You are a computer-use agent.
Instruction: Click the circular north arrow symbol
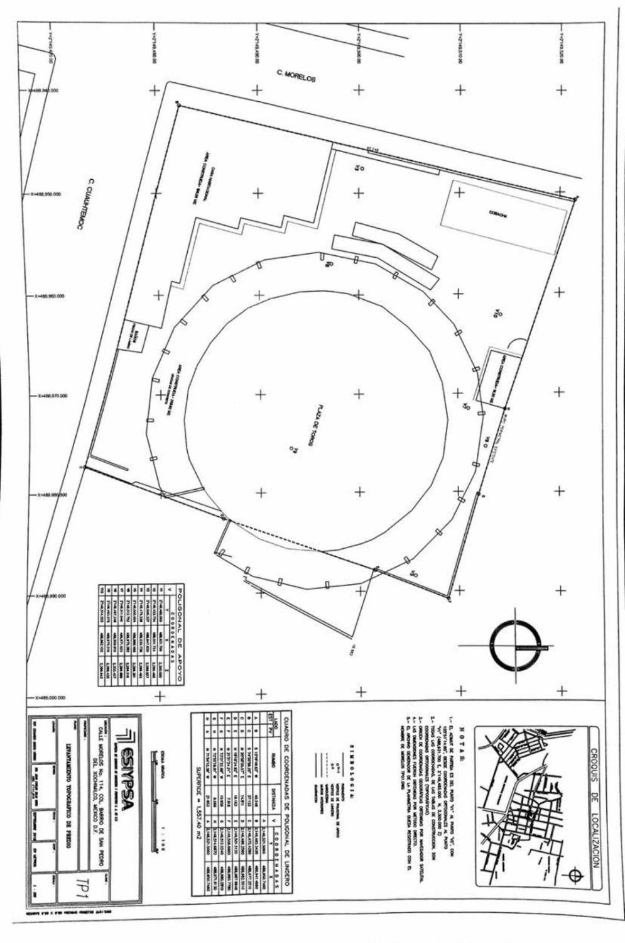click(516, 647)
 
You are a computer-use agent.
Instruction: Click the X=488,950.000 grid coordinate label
click(44, 195)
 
